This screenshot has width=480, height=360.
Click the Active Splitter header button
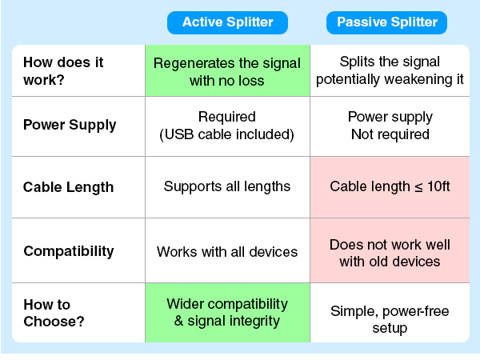tap(227, 22)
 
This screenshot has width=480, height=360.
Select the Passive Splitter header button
tap(386, 22)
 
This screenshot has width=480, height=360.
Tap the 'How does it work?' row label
tap(63, 71)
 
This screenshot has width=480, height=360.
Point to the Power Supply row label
tap(70, 125)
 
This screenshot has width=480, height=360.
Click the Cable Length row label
tap(68, 187)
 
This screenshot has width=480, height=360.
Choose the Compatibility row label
tap(69, 251)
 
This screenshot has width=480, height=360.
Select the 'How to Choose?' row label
tap(54, 313)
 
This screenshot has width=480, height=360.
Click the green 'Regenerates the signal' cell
tap(227, 70)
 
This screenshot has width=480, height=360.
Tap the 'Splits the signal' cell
tap(390, 70)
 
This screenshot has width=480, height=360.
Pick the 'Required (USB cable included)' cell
tap(227, 126)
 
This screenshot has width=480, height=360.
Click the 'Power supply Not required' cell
tap(390, 126)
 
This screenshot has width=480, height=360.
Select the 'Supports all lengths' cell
tap(227, 187)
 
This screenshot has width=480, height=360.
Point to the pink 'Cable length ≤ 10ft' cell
tap(390, 187)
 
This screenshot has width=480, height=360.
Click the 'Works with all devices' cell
tap(227, 250)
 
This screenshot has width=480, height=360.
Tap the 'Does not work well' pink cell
tap(390, 250)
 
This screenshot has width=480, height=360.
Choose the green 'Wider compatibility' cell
tap(227, 313)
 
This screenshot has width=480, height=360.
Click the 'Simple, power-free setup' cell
tap(390, 313)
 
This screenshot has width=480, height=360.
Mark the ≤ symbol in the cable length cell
tap(418, 187)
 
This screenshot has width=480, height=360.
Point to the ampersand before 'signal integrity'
tap(178, 321)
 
